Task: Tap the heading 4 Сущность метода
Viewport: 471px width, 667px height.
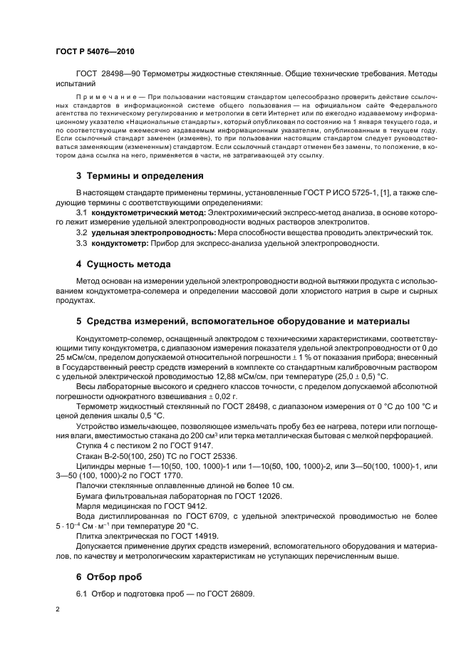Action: click(123, 264)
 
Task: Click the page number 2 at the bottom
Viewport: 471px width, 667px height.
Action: click(58, 609)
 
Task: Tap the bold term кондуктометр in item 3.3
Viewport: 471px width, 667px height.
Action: click(120, 243)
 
